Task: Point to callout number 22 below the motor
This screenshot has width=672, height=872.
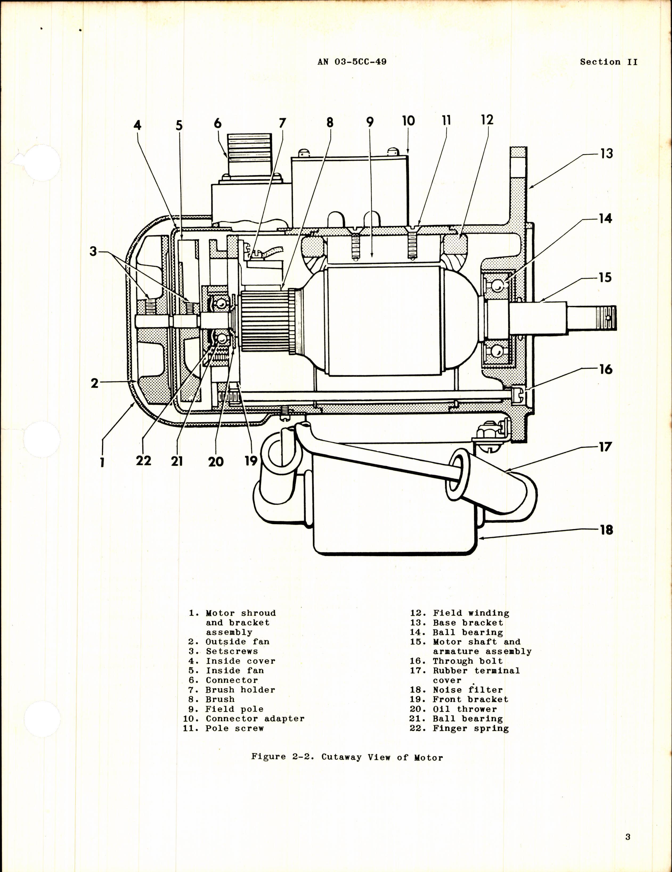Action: [143, 460]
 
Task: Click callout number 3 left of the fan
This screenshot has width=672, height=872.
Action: [93, 252]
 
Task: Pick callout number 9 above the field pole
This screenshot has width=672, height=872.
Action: [370, 122]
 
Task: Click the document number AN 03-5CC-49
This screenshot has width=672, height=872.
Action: [352, 62]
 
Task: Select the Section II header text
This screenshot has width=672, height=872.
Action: [608, 62]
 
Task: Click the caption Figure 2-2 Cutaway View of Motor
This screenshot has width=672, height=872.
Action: [347, 757]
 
